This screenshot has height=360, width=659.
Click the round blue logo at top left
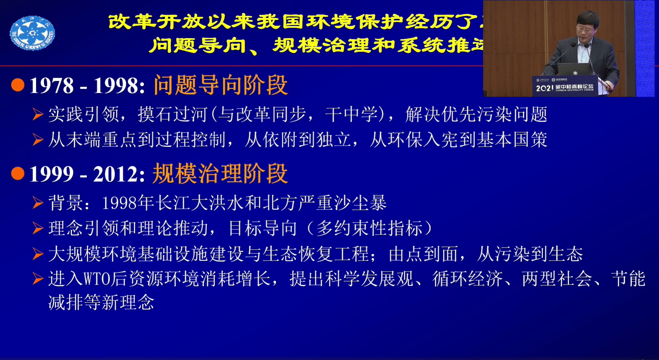click(32, 33)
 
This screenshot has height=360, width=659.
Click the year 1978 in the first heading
click(52, 86)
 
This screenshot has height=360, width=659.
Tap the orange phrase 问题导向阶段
click(220, 85)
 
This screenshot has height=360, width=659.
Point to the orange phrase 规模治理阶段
click(220, 173)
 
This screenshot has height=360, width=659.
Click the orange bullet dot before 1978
click(18, 85)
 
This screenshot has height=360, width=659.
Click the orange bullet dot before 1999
click(18, 173)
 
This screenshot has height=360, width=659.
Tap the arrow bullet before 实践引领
click(38, 114)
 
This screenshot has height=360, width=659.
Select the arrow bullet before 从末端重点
click(38, 140)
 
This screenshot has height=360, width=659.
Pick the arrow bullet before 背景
click(38, 203)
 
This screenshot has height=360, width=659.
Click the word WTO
click(97, 279)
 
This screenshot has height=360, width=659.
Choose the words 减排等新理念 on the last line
click(101, 303)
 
